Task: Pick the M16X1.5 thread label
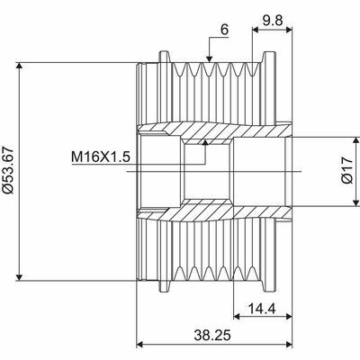[102, 157]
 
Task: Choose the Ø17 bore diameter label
[335, 170]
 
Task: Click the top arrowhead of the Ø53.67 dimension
[19, 66]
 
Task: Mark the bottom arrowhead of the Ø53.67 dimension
[19, 276]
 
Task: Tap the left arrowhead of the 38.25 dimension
[140, 345]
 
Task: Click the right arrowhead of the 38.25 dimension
[288, 345]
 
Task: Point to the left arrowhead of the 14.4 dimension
[237, 318]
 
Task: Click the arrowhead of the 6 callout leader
[208, 61]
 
